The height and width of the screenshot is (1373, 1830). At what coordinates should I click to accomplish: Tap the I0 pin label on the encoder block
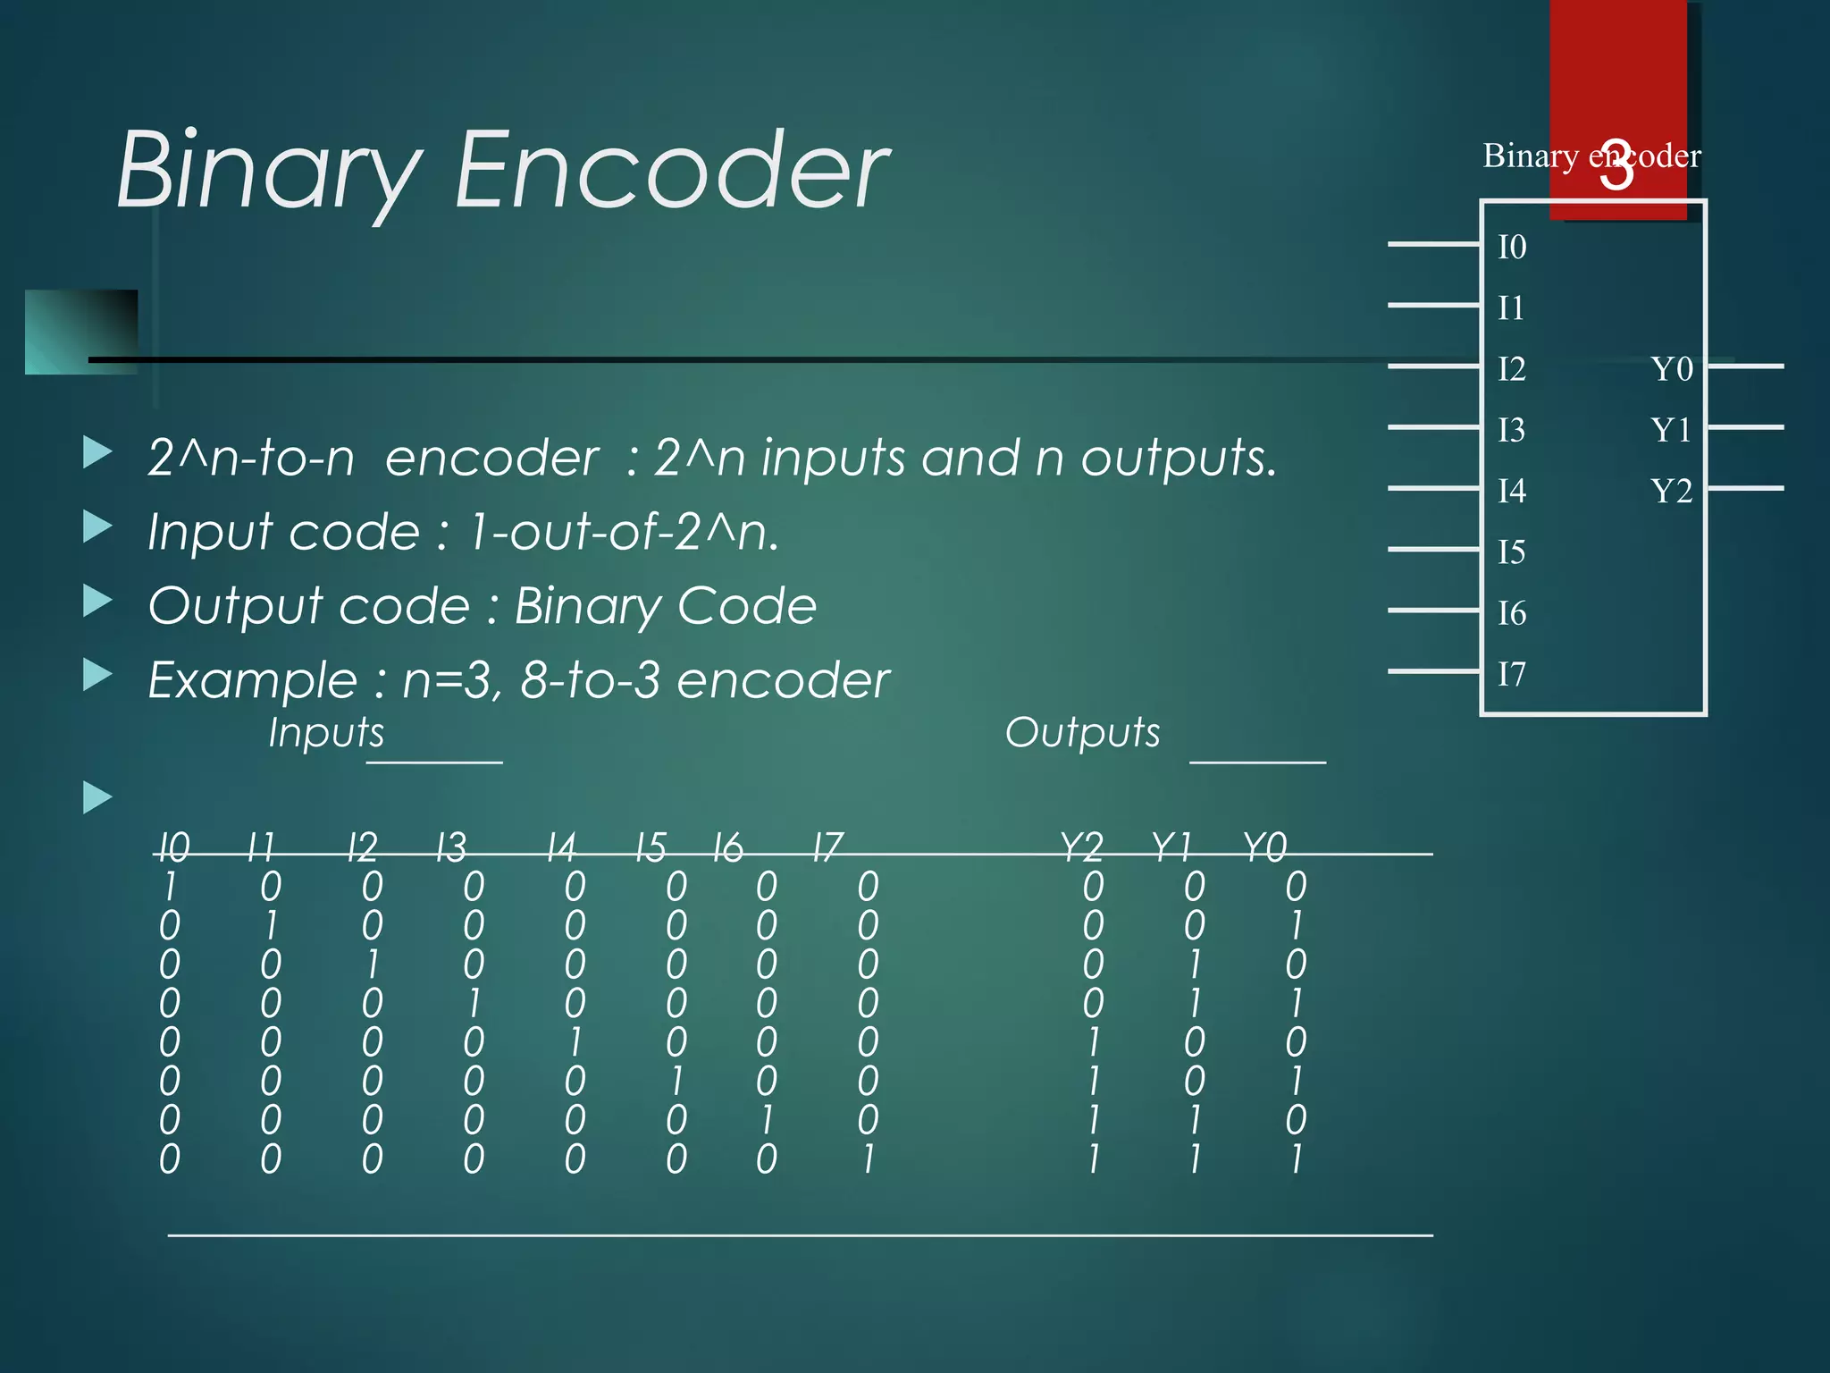click(1512, 247)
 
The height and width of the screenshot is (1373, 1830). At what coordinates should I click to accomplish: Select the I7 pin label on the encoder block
click(1512, 674)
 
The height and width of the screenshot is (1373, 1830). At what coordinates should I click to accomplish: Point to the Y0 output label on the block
click(1671, 368)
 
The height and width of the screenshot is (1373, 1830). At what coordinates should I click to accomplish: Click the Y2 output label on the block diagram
click(1671, 491)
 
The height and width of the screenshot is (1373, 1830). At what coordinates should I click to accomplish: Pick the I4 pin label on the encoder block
click(1512, 491)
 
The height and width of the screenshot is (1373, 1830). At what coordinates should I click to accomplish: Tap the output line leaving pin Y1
click(1746, 427)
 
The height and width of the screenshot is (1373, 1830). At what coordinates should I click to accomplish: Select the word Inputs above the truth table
click(326, 733)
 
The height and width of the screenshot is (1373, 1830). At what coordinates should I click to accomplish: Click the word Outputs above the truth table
click(1082, 733)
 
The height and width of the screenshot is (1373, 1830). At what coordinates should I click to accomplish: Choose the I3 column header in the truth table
click(451, 847)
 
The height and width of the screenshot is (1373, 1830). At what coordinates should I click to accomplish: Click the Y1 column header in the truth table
click(1171, 847)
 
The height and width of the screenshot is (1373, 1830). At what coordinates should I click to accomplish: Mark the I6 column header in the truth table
click(728, 847)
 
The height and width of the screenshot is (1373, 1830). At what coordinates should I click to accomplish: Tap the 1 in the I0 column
click(170, 887)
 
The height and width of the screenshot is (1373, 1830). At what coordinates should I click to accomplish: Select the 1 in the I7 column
click(868, 1159)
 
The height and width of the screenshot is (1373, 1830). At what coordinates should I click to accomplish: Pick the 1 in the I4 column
click(575, 1042)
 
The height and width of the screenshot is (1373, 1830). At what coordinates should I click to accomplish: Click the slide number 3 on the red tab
click(1616, 166)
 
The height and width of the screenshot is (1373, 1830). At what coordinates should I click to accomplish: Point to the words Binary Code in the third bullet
click(665, 606)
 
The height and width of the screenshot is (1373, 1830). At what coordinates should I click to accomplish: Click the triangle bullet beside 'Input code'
click(97, 526)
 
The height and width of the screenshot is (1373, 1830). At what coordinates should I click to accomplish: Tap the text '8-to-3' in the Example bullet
click(590, 680)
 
